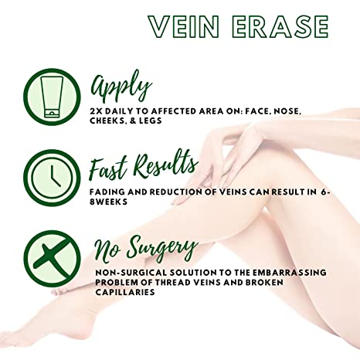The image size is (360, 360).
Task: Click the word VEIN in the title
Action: (184, 27)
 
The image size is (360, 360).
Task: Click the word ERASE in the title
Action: (280, 27)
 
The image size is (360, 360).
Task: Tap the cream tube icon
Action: (52, 97)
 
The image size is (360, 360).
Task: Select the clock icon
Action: (52, 178)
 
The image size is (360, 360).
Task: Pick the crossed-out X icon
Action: (52, 259)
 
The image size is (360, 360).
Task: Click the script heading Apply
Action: (121, 87)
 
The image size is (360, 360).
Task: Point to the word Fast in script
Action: (108, 168)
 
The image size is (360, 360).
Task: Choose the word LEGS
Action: (151, 121)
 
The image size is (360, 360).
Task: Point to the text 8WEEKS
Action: (108, 202)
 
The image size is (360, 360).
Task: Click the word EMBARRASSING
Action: (289, 273)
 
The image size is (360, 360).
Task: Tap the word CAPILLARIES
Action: (125, 292)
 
